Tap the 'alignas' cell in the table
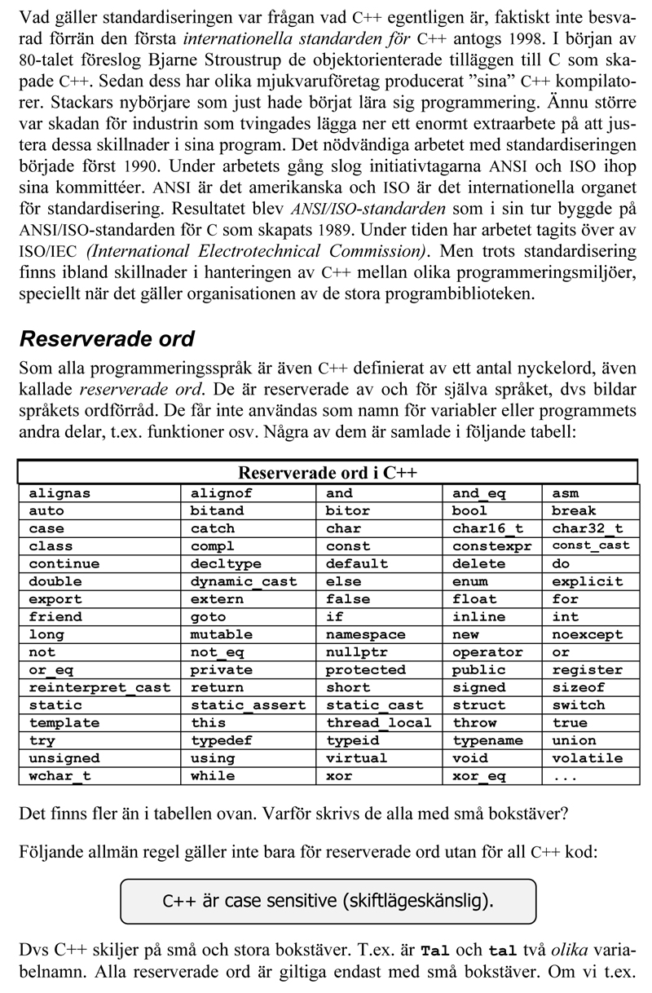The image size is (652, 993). [x=59, y=493]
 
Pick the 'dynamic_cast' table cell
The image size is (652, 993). [x=244, y=582]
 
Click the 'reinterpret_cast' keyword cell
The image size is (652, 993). [x=99, y=688]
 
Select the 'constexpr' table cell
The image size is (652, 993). [x=491, y=546]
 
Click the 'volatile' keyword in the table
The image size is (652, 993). [x=587, y=758]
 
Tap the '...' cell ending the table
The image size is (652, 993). [x=565, y=776]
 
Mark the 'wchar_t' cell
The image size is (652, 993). [x=59, y=776]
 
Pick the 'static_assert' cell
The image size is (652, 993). [x=248, y=705]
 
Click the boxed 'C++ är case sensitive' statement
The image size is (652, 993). [x=328, y=901]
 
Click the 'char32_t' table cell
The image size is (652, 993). [x=587, y=528]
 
